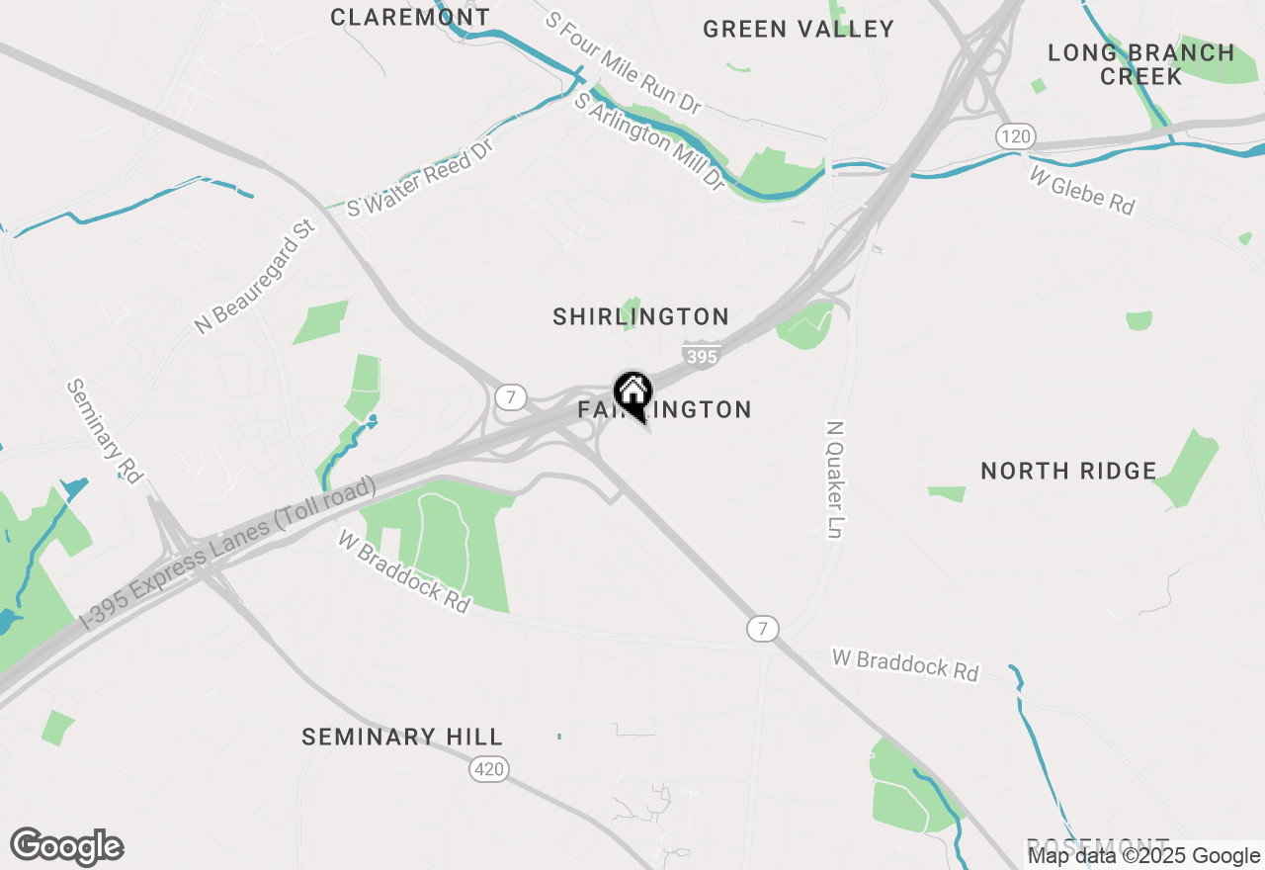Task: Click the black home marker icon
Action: [632, 391]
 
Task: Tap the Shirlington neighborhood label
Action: [640, 316]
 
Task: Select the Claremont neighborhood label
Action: [410, 17]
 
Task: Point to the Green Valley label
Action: [799, 29]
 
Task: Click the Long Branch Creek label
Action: [1141, 64]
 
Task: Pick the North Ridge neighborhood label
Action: [1068, 471]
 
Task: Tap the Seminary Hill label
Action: [402, 737]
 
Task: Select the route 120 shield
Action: [1015, 136]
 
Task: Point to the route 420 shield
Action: [488, 768]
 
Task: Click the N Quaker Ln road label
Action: [836, 480]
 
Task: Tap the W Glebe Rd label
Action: [1082, 190]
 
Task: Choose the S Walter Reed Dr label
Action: [420, 179]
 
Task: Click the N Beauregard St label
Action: [255, 277]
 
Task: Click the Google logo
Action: [66, 847]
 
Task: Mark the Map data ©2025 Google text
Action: [1143, 856]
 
